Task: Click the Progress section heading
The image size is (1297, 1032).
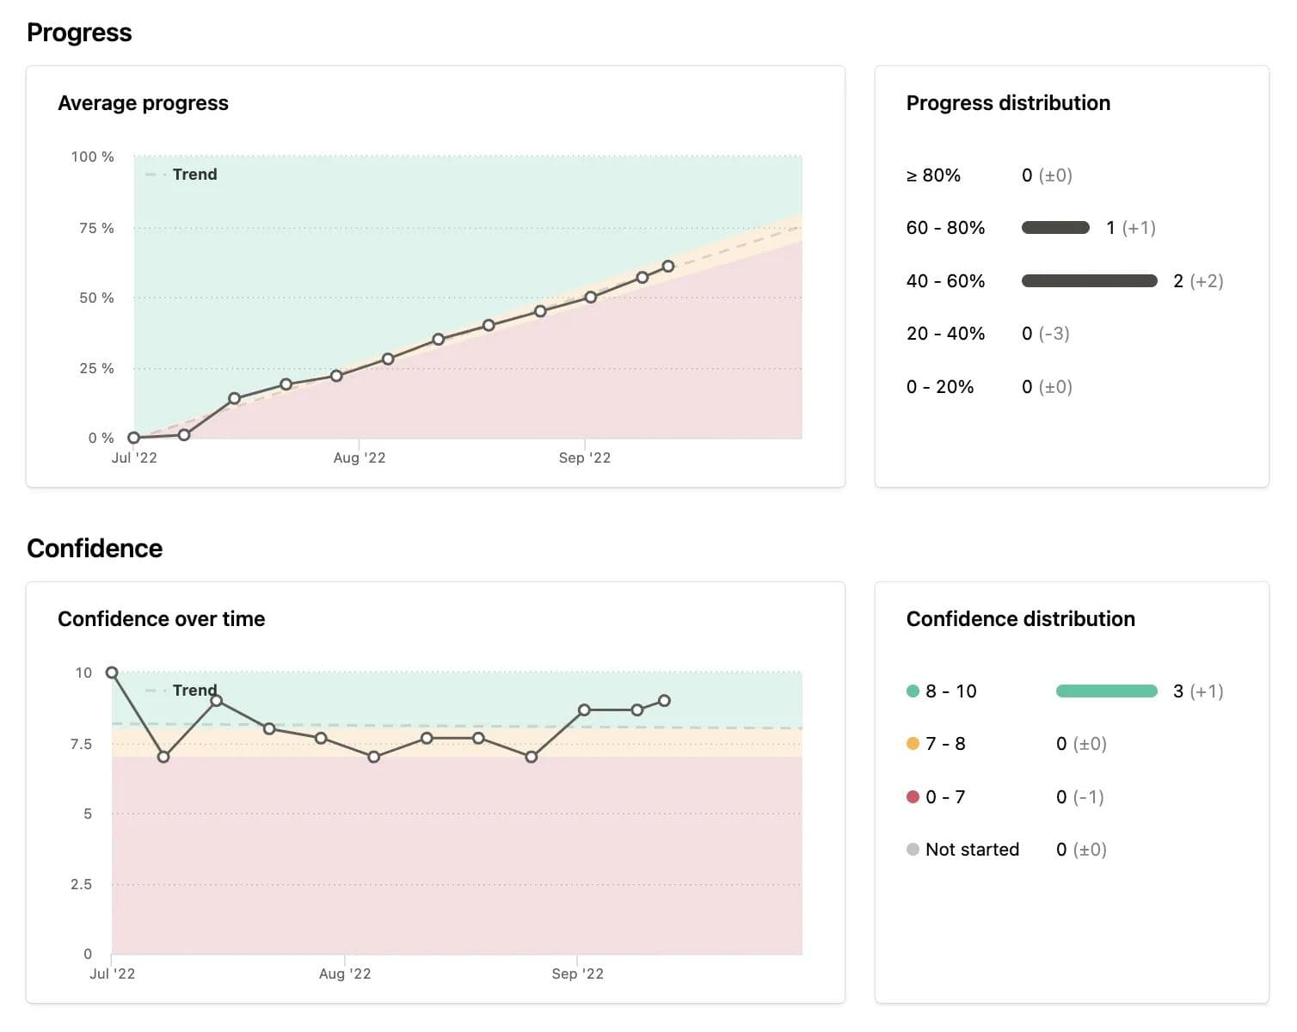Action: click(79, 33)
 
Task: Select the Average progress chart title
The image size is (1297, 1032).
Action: click(143, 103)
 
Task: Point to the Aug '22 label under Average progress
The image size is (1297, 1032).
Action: click(360, 458)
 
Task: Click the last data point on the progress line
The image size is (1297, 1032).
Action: click(668, 266)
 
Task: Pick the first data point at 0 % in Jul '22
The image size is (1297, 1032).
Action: click(133, 438)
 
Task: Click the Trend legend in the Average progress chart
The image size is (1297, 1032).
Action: click(194, 175)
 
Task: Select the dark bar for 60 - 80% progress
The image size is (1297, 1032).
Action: click(1055, 228)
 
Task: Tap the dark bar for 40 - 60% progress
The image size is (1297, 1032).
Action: click(1089, 281)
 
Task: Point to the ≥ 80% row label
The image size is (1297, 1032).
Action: click(933, 175)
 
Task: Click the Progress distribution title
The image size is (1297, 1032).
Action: click(1008, 103)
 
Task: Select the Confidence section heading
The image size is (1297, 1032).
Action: click(95, 549)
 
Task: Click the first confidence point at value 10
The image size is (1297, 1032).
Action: click(112, 673)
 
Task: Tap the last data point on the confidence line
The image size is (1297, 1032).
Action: click(664, 701)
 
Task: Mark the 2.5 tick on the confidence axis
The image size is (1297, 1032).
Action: click(81, 884)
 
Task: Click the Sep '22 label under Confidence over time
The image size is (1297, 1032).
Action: click(577, 974)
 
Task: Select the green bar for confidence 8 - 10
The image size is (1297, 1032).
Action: click(1106, 691)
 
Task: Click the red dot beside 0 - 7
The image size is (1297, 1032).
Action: click(913, 797)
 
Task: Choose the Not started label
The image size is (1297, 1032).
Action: click(972, 850)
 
